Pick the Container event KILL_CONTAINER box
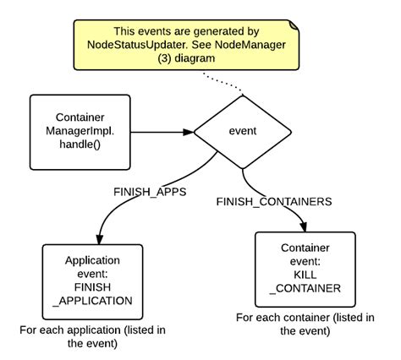(304, 269)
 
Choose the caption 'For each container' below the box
(304, 325)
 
